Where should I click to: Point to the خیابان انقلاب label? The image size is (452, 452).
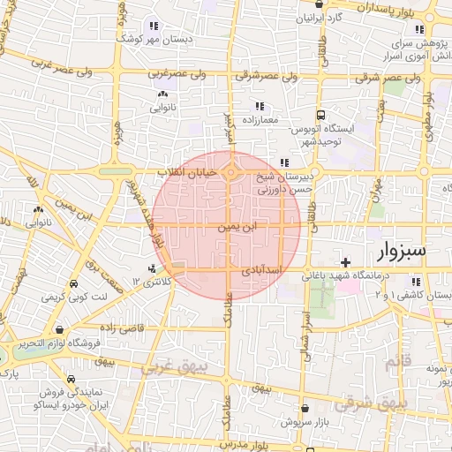186,172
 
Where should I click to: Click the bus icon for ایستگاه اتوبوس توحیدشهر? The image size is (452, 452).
320,115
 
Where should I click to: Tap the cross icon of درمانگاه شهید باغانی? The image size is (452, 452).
346,262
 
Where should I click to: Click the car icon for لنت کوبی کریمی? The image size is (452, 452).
72,284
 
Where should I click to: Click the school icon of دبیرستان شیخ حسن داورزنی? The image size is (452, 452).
283,162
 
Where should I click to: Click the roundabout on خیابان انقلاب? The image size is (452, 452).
230,173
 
